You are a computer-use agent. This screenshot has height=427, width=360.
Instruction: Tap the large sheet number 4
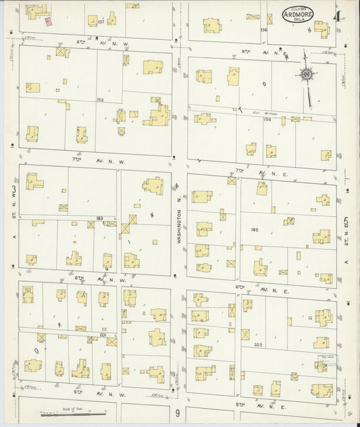pos(336,15)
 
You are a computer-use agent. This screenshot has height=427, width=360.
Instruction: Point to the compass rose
pos(307,74)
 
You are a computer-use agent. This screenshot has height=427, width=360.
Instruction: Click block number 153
pos(100,99)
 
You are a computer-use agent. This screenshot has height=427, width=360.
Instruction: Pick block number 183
pos(100,218)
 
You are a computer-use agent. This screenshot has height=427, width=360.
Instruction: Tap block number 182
pos(255,230)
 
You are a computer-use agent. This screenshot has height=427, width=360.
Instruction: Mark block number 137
pos(101,22)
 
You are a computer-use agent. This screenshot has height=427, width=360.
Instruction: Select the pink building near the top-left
pos(49,21)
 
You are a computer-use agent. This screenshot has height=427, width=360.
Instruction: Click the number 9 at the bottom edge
pos(177,413)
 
